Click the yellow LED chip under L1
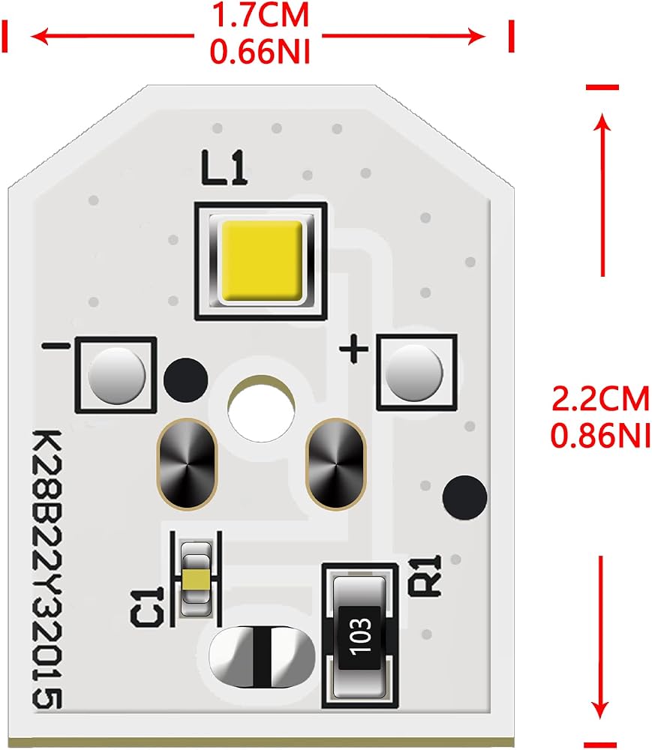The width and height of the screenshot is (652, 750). (261, 261)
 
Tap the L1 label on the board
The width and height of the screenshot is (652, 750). (224, 167)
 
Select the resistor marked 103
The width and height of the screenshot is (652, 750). (359, 637)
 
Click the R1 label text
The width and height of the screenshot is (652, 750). (426, 576)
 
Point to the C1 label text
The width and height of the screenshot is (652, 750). (147, 607)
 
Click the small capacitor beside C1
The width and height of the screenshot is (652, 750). (197, 579)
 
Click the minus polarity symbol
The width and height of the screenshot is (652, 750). (56, 345)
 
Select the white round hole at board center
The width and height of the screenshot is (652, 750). (261, 410)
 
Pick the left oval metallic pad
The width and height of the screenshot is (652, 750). (187, 463)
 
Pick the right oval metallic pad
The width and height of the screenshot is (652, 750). (336, 463)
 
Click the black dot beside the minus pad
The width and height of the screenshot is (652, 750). (185, 380)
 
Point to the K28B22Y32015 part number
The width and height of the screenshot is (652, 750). (47, 569)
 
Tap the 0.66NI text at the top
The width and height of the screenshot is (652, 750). (260, 50)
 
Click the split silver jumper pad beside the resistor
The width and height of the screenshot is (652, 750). (262, 657)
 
